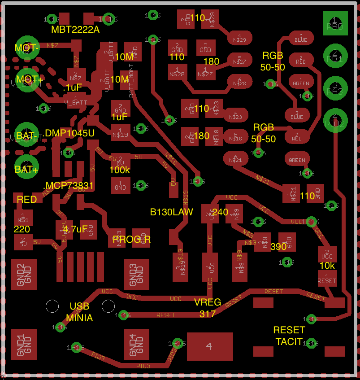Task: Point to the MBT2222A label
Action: click(75, 30)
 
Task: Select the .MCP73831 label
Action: click(68, 186)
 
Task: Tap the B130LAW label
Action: click(171, 212)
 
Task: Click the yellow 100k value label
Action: click(120, 170)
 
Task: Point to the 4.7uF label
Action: click(75, 229)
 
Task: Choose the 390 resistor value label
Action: click(278, 247)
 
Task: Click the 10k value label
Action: click(327, 265)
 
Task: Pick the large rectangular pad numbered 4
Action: click(210, 346)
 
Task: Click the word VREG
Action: click(208, 302)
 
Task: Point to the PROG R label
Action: click(131, 240)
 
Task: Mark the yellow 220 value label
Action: click(22, 229)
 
